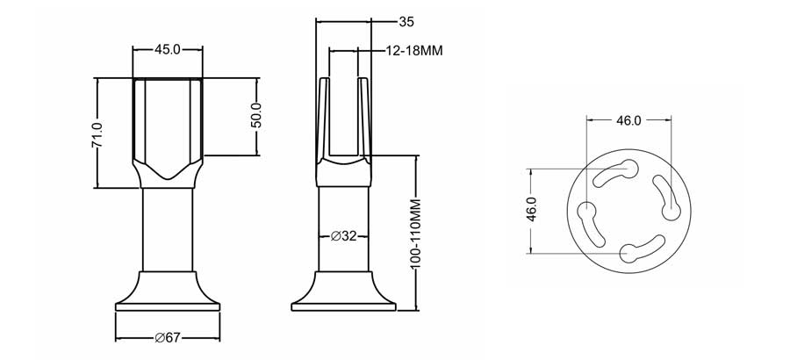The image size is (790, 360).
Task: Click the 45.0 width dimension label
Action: coord(168,50)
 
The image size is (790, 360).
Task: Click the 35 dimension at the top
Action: coord(382,21)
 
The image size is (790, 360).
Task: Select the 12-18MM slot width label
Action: coord(414,51)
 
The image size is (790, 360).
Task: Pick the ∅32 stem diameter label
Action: coord(343,235)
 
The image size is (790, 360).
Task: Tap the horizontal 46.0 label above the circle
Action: coord(628,120)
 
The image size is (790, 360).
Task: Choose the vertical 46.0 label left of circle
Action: coord(532,211)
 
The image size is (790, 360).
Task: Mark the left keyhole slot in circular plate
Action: coord(591,224)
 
